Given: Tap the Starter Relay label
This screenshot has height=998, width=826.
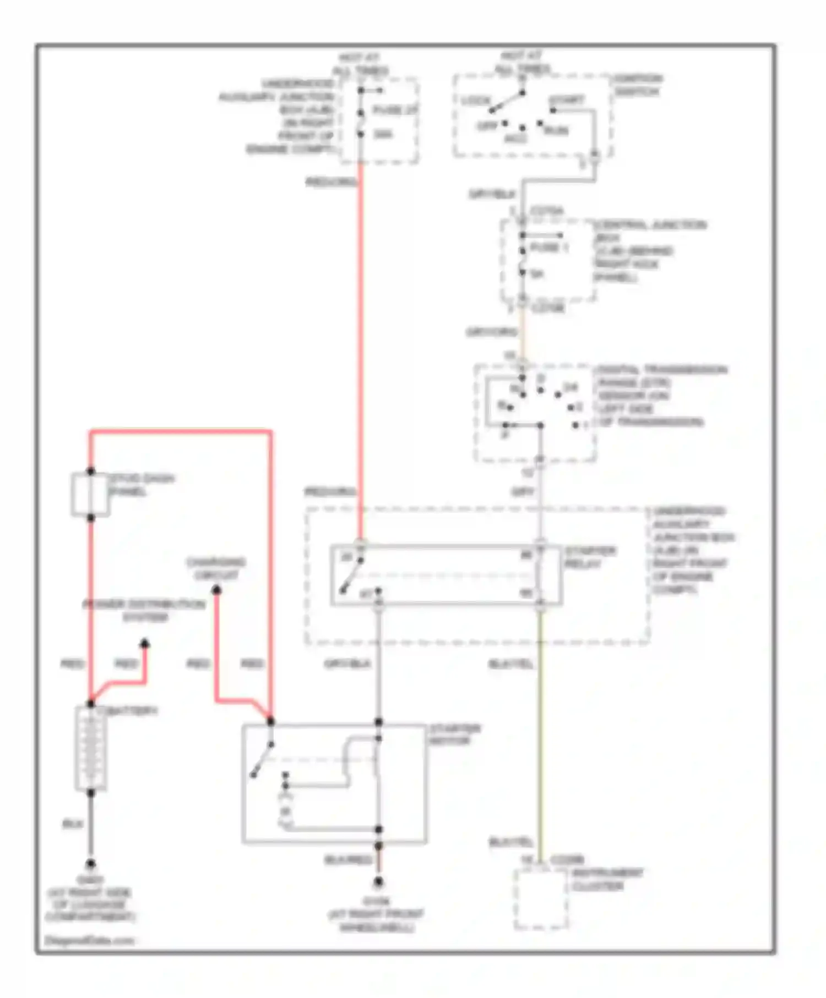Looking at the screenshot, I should (589, 557).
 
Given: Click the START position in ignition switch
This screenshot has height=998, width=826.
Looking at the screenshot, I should (566, 101).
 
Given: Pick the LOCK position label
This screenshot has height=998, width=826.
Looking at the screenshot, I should (475, 101).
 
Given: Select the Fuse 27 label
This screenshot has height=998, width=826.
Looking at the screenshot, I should (394, 110).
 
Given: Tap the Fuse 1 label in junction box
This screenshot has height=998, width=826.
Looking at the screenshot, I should (548, 248).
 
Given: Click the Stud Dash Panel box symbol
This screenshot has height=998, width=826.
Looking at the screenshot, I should (90, 495).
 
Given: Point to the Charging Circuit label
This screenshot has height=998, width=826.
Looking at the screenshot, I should (216, 568).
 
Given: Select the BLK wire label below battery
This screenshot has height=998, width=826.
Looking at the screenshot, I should (72, 824).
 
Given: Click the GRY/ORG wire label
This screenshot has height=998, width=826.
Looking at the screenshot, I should (491, 332).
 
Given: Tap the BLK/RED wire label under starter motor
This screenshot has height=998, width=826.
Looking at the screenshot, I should (348, 859).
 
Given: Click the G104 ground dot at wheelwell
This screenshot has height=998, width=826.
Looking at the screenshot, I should (378, 882).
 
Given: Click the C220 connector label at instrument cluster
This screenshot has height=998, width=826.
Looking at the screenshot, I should (567, 859).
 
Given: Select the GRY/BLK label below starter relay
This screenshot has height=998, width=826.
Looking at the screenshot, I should (347, 663).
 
